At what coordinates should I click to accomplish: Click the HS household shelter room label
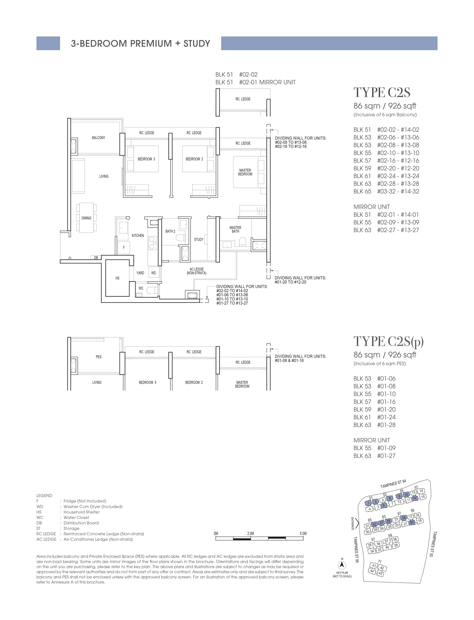[117, 278]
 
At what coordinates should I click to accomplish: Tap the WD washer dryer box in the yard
[154, 273]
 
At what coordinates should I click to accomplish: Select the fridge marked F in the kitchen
[124, 247]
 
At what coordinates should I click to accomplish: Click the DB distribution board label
[96, 257]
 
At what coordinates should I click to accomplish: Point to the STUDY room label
[199, 239]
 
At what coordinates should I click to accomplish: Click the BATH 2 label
[170, 231]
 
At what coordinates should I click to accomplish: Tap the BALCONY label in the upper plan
[99, 138]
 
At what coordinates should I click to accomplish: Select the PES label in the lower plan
[99, 357]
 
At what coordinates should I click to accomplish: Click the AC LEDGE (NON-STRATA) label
[197, 271]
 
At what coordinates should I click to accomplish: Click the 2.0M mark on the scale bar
[250, 533]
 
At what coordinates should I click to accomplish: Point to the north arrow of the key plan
[342, 565]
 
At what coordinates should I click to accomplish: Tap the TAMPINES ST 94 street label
[393, 484]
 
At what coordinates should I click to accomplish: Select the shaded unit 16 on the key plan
[415, 498]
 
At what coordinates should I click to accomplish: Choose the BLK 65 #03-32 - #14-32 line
[386, 191]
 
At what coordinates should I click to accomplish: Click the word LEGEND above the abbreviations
[44, 495]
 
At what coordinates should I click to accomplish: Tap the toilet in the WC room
[153, 290]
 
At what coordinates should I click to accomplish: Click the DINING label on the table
[86, 218]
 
